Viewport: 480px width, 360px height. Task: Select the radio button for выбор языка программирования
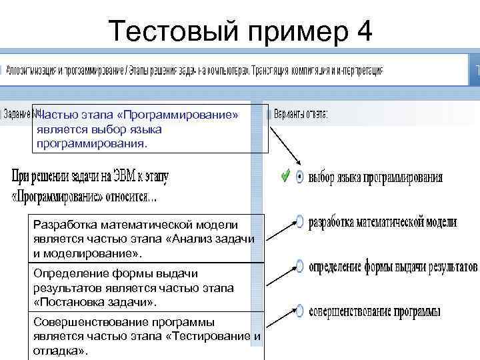pyautogui.click(x=299, y=177)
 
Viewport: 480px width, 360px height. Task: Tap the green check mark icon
pyautogui.click(x=285, y=176)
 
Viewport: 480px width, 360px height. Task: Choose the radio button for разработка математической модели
pyautogui.click(x=299, y=222)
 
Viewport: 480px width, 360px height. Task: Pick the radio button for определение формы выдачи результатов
pyautogui.click(x=299, y=267)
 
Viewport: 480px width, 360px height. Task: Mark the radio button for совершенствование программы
pyautogui.click(x=299, y=311)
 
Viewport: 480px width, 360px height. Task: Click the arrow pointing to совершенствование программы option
pyautogui.click(x=279, y=317)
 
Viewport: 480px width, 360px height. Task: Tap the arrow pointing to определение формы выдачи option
pyautogui.click(x=279, y=273)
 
